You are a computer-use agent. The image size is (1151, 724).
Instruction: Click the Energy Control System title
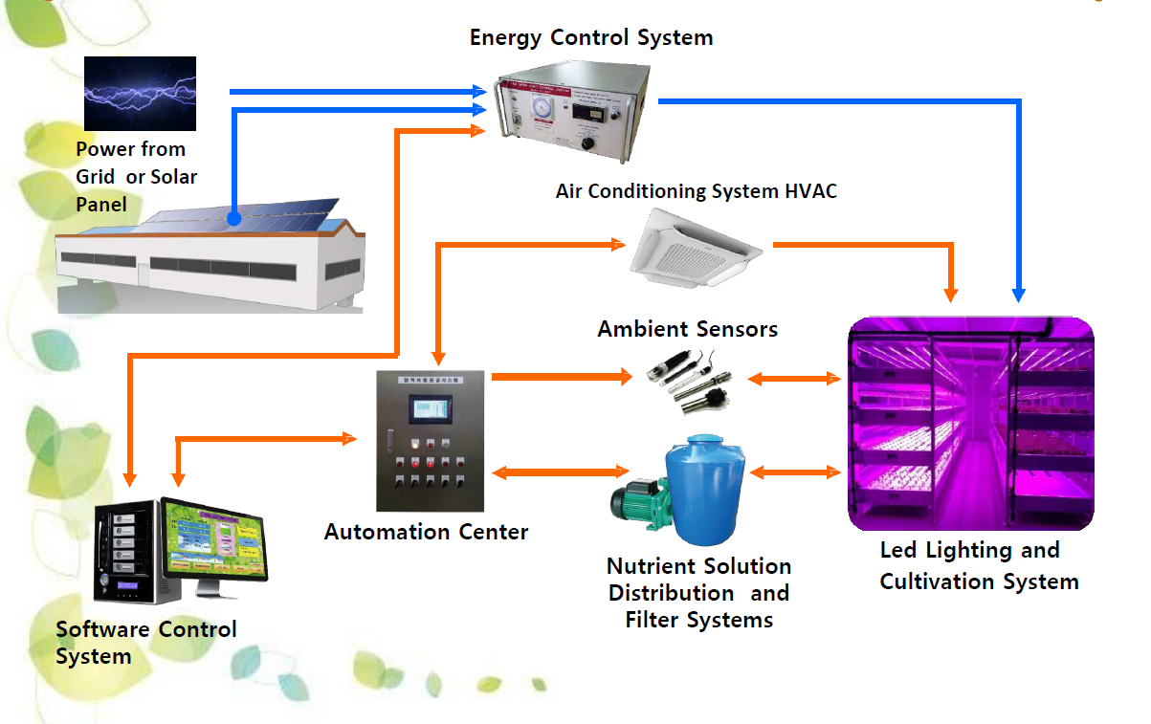(x=590, y=38)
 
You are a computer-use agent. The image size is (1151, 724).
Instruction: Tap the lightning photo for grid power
(x=140, y=93)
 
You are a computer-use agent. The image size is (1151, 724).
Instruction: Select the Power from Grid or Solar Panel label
(x=136, y=177)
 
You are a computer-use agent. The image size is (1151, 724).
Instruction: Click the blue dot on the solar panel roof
(x=233, y=219)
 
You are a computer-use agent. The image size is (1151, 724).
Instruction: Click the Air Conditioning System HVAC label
(x=696, y=191)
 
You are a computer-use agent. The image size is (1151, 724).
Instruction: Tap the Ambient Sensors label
(x=687, y=330)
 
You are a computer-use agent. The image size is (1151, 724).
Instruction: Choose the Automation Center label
(x=426, y=532)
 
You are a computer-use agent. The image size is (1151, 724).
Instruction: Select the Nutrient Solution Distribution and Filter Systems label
(x=698, y=593)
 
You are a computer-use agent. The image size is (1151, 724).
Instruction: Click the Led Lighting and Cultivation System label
(x=978, y=566)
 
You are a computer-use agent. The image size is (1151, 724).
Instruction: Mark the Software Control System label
(x=145, y=643)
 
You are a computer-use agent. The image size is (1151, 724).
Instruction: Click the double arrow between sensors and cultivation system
(x=793, y=379)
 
